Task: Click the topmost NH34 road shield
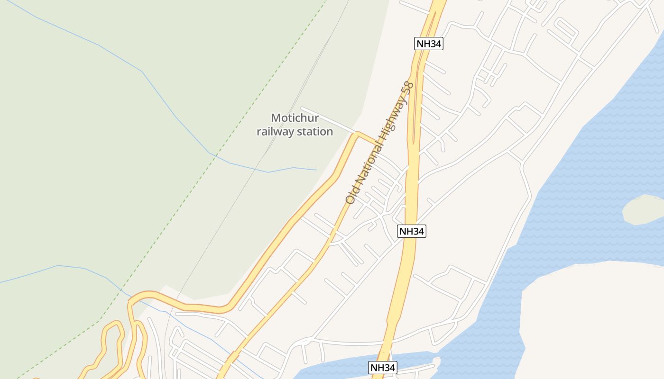[429, 44]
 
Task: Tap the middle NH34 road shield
[412, 231]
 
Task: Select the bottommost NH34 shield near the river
[382, 368]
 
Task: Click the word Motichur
[295, 118]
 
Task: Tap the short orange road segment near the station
[368, 138]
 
